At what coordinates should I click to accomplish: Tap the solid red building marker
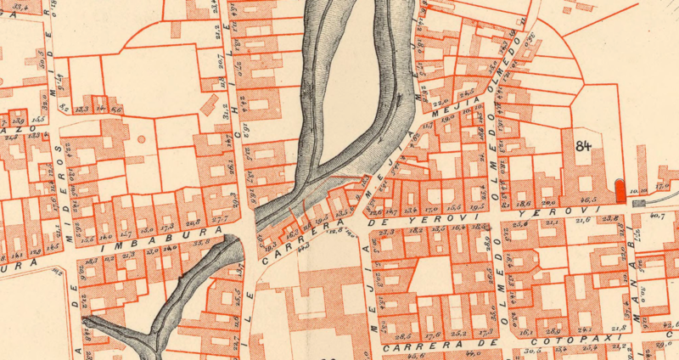click(x=620, y=188)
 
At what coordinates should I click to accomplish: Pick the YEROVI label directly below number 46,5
click(x=579, y=210)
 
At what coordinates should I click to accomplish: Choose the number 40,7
click(x=656, y=217)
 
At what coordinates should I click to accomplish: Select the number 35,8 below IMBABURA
click(x=201, y=244)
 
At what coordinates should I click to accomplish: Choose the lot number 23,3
click(x=389, y=231)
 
